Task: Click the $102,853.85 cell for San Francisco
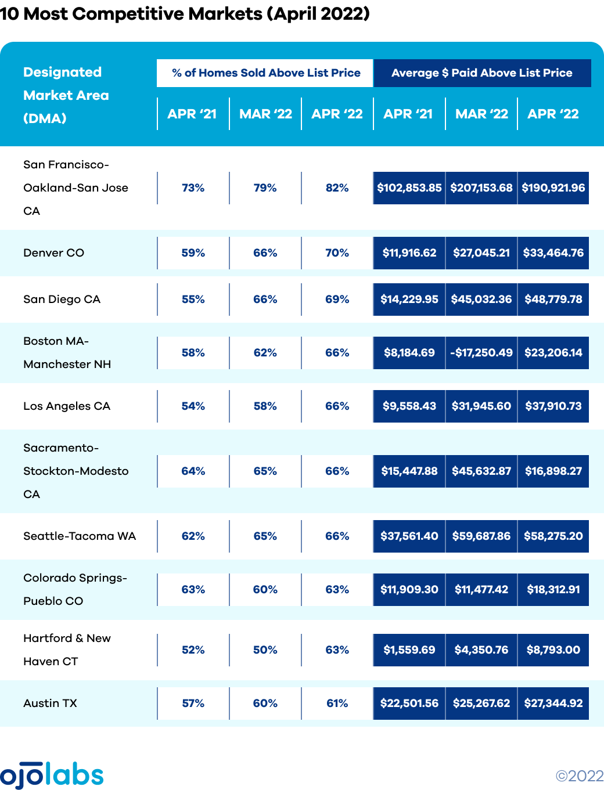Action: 409,188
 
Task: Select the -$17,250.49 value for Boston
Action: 481,353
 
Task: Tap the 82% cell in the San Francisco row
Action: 337,188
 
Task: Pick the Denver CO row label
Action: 54,253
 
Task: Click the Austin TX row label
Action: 50,704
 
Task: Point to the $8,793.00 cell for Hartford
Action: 553,650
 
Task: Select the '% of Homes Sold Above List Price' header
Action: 266,73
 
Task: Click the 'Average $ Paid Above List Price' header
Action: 482,73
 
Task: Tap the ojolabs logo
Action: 52,774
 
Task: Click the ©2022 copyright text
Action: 579,776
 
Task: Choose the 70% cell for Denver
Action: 337,253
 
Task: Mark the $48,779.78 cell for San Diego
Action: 553,300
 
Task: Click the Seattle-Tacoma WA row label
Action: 80,536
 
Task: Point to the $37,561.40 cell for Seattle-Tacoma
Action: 409,536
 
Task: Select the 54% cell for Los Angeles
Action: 193,406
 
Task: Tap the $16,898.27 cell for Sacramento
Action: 553,471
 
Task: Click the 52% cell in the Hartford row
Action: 193,650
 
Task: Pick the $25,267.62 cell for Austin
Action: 481,704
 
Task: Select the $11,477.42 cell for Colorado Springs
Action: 481,590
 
